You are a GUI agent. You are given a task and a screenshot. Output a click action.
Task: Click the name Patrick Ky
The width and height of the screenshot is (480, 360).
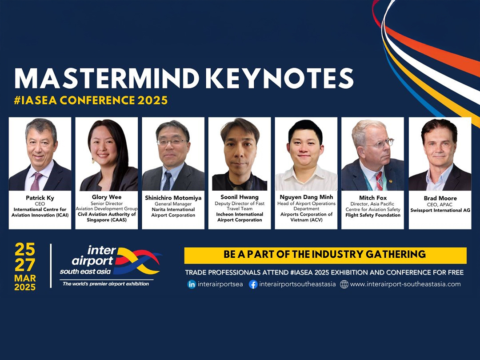coord(40,198)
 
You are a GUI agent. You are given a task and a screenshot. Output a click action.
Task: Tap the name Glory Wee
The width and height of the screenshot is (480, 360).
coord(107,197)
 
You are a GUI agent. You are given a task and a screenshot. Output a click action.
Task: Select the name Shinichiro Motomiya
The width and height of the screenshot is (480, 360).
coord(173,198)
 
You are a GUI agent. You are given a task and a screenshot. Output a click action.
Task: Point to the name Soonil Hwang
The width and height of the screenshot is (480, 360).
coord(240,197)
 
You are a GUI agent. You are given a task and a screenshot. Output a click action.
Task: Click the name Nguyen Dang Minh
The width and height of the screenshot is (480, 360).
coord(306,197)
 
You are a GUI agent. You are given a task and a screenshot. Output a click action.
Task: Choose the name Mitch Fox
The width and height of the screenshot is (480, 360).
coord(373,198)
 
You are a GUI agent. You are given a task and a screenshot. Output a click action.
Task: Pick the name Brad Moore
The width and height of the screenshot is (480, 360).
coord(440,198)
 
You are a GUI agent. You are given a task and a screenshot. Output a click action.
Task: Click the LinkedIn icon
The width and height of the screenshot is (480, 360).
coord(192,284)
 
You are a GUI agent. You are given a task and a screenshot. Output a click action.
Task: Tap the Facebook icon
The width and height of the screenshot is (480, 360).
coord(253,284)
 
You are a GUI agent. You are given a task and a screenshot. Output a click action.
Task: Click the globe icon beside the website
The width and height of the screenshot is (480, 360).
coord(344,284)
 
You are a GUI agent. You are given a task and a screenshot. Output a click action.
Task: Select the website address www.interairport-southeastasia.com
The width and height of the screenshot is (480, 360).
coord(405,284)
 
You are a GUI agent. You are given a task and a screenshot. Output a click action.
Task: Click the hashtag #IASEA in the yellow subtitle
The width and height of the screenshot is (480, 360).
coord(35,100)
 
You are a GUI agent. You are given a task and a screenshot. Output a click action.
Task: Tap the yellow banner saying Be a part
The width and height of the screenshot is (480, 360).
coord(325,256)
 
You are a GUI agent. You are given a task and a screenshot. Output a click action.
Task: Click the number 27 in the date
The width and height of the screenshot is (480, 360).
coord(25,265)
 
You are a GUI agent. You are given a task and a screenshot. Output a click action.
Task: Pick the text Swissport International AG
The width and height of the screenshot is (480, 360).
coord(440,210)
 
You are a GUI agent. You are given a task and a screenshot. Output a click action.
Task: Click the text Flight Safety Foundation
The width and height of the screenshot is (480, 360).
coord(373,215)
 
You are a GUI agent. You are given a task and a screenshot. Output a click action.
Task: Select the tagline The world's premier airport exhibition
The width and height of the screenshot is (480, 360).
coord(106,284)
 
